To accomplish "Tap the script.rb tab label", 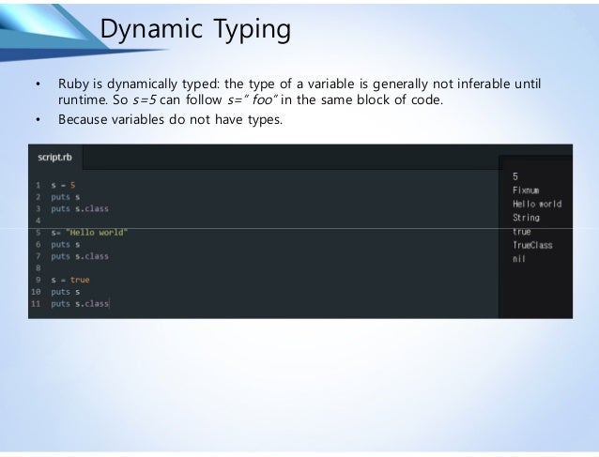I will coord(54,158).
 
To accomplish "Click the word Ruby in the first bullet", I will coord(74,84).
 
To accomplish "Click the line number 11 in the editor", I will coord(37,303).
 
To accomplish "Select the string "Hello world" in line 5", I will coord(98,232).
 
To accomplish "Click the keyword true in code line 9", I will coord(80,280).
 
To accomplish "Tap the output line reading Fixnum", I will coord(526,190).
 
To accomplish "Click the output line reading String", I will coord(526,218).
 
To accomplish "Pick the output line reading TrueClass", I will coord(532,245).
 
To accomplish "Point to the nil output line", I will coord(518,259).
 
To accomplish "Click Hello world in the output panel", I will coord(536,204).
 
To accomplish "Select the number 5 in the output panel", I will coord(515,176).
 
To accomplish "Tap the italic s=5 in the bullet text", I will coord(152,101).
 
